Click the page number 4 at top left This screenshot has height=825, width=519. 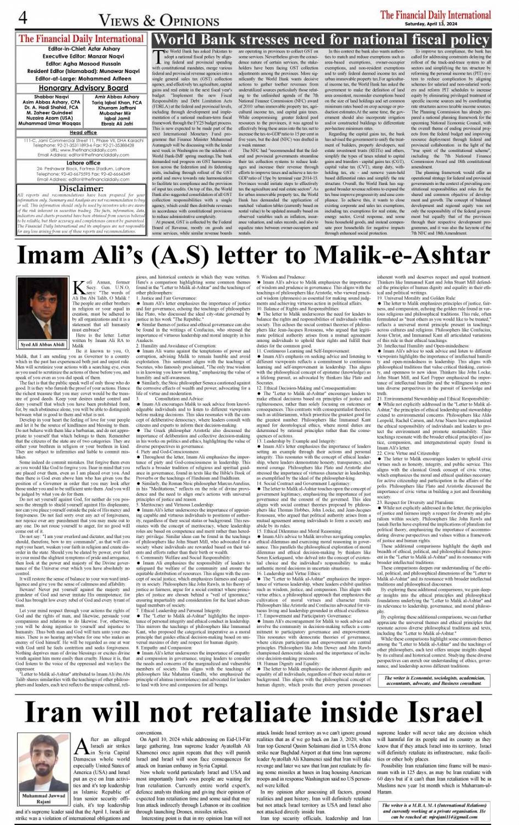point(23,18)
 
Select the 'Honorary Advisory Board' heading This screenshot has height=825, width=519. point(83,88)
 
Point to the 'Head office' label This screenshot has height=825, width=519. point(83,132)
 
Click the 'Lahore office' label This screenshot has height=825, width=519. point(83,162)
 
